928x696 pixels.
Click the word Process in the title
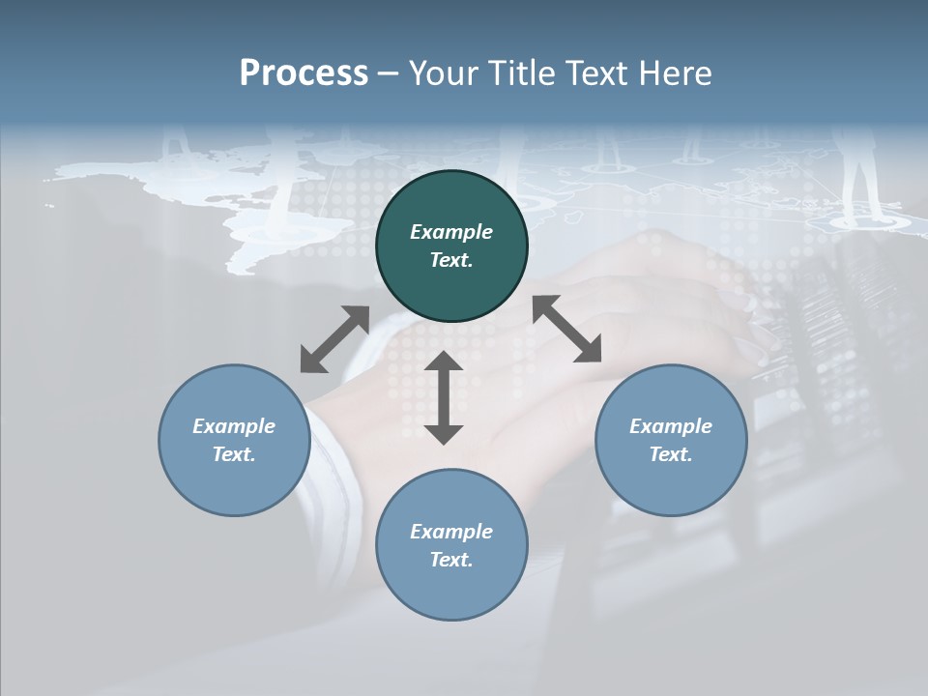tap(304, 73)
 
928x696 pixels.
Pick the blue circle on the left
tap(234, 440)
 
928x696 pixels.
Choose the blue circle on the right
tap(671, 440)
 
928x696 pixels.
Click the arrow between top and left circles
tap(334, 339)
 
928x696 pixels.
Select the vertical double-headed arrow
tap(444, 398)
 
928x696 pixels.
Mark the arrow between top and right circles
tap(567, 329)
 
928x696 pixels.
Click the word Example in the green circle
tap(451, 232)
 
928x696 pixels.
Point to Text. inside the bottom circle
tap(451, 560)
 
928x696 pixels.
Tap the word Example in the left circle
tap(234, 426)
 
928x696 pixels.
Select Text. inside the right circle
tap(671, 454)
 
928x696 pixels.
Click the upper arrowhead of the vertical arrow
tap(444, 362)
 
